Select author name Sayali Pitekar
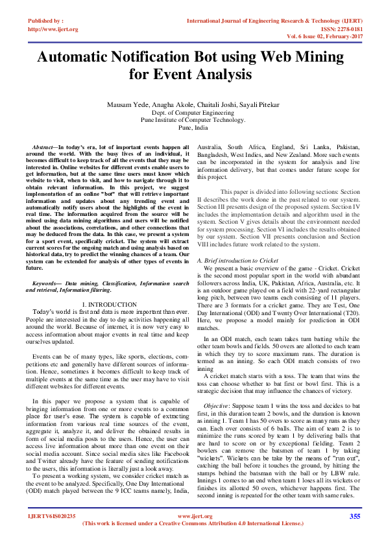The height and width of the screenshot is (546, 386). click(x=261, y=104)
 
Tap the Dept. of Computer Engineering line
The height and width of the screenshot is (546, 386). click(x=193, y=112)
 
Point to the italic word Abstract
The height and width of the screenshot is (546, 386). click(x=43, y=148)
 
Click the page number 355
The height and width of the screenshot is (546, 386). click(x=355, y=516)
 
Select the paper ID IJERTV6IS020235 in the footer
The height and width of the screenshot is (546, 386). click(x=52, y=516)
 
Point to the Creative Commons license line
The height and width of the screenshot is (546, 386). click(x=193, y=523)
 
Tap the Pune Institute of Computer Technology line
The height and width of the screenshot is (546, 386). click(x=193, y=120)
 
